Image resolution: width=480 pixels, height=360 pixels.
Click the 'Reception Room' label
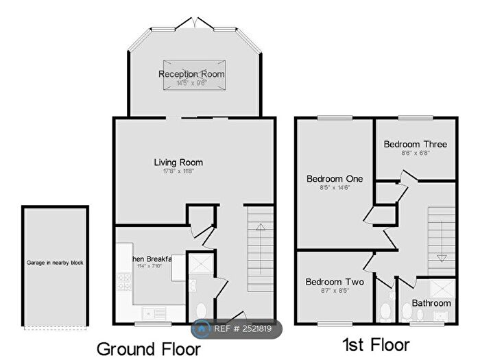click(x=192, y=74)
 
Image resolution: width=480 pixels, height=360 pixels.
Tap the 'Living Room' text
click(x=178, y=163)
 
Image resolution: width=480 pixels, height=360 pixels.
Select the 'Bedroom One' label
click(x=334, y=178)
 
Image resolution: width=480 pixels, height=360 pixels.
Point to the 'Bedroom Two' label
click(x=335, y=282)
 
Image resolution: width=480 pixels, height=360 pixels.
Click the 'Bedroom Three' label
click(x=415, y=144)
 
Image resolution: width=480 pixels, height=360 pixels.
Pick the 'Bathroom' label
click(x=431, y=302)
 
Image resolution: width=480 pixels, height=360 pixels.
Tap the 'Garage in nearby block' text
click(x=55, y=263)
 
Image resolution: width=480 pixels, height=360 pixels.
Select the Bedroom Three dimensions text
click(x=415, y=154)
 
